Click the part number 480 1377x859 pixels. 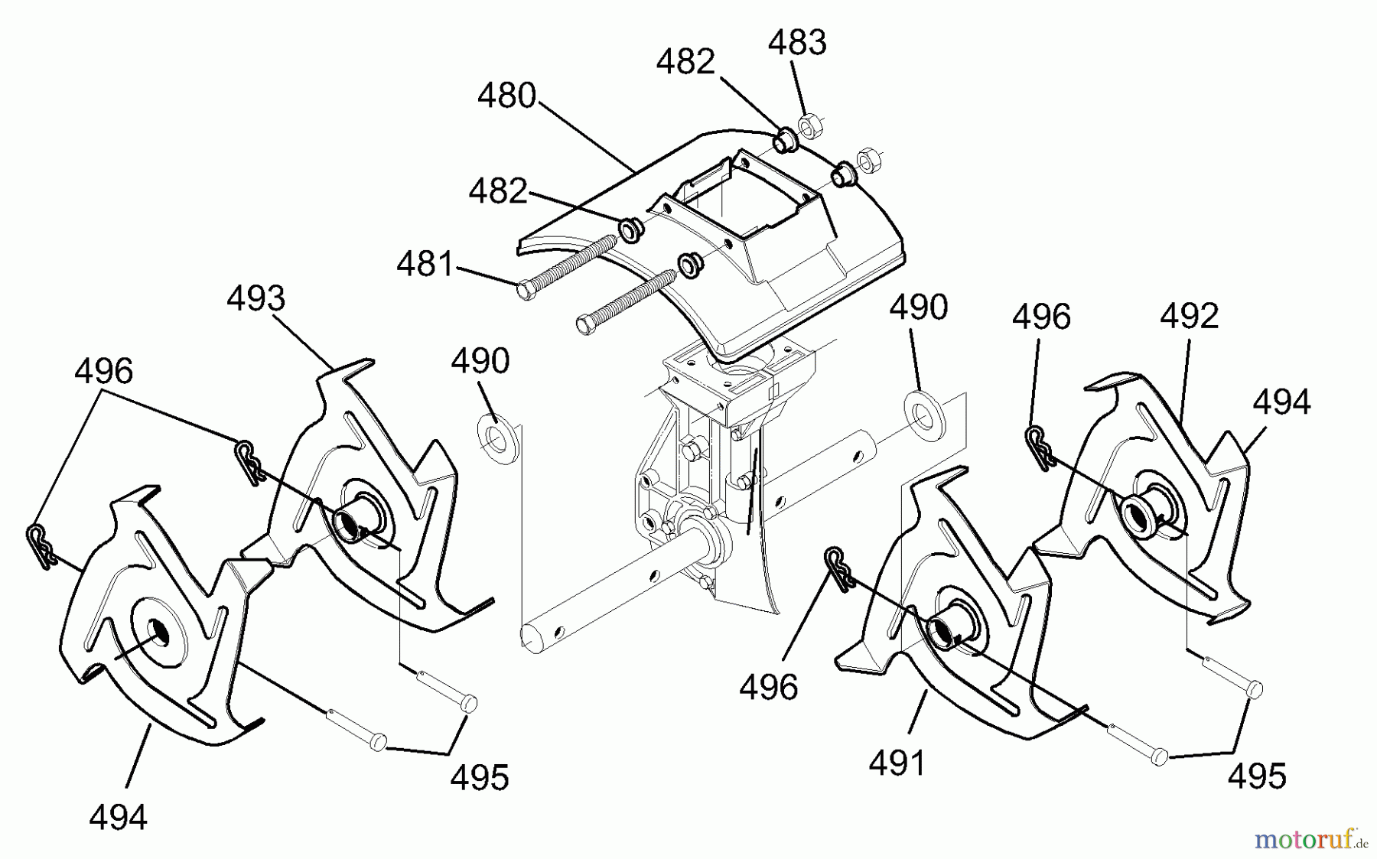pos(506,96)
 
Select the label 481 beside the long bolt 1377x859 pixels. pos(425,265)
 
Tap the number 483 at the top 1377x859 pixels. pos(797,43)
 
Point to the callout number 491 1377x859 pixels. pos(897,762)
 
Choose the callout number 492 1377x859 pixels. pos(1189,315)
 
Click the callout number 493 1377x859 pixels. pos(256,298)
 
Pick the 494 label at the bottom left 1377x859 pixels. pos(118,818)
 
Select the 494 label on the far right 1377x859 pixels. pos(1281,402)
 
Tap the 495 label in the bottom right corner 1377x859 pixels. pos(1257,776)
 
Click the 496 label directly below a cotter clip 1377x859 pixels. pos(769,687)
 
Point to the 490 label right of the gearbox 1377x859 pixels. pos(919,307)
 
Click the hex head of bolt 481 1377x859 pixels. pos(526,291)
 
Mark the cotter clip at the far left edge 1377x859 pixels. pos(41,545)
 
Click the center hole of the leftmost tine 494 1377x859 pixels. pos(158,629)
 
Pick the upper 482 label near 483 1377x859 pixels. pos(685,62)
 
